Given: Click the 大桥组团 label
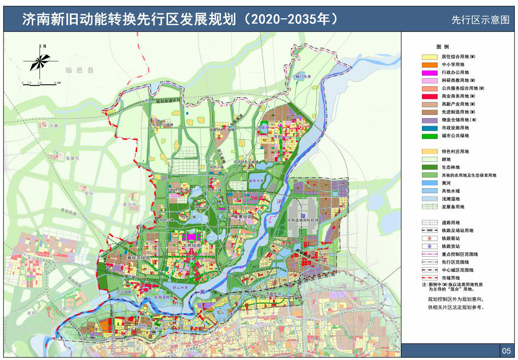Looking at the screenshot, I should [192, 246].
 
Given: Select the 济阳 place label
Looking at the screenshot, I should [278, 137].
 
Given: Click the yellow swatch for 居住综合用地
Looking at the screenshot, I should [429, 57].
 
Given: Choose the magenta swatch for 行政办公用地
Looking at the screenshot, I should [429, 72].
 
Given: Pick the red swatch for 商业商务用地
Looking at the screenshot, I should [429, 96].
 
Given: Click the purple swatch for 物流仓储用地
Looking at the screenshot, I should [429, 120].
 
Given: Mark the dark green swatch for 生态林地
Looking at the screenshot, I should [429, 167].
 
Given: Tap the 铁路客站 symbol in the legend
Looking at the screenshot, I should [429, 238].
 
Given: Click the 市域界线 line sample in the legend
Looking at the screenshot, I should [429, 278].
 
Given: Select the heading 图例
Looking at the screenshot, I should [442, 47].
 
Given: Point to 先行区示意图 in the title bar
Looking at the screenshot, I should [480, 20].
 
